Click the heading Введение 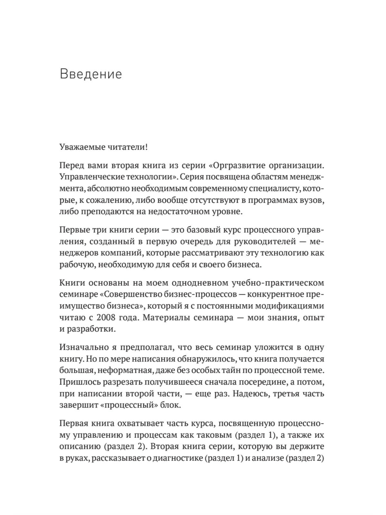click(x=91, y=74)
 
